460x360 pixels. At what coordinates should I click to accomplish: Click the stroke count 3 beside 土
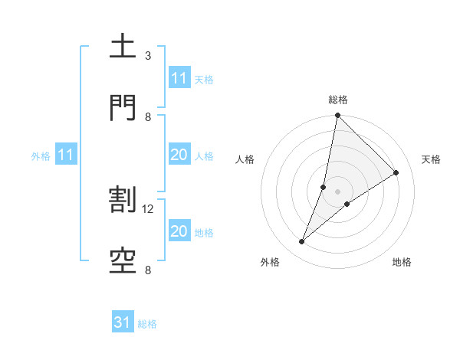148,56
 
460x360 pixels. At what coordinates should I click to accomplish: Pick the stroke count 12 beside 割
149,208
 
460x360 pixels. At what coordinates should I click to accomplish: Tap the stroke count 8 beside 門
148,116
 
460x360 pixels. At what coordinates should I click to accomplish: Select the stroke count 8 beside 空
148,270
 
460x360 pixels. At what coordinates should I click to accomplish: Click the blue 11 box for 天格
179,78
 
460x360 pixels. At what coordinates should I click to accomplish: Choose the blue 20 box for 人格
179,155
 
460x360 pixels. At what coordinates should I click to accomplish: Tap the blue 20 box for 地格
179,231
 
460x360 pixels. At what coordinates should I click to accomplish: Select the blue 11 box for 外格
66,155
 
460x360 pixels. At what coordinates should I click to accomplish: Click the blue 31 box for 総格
123,322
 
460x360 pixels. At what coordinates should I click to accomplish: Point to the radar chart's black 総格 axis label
338,100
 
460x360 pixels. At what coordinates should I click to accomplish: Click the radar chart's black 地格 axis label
402,262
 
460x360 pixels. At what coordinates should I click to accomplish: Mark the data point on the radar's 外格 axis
302,242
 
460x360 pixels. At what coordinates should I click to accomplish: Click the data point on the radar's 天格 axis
396,172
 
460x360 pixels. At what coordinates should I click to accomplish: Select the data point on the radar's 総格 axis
337,116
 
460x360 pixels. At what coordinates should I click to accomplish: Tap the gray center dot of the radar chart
337,191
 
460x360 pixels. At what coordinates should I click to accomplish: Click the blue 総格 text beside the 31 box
147,323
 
